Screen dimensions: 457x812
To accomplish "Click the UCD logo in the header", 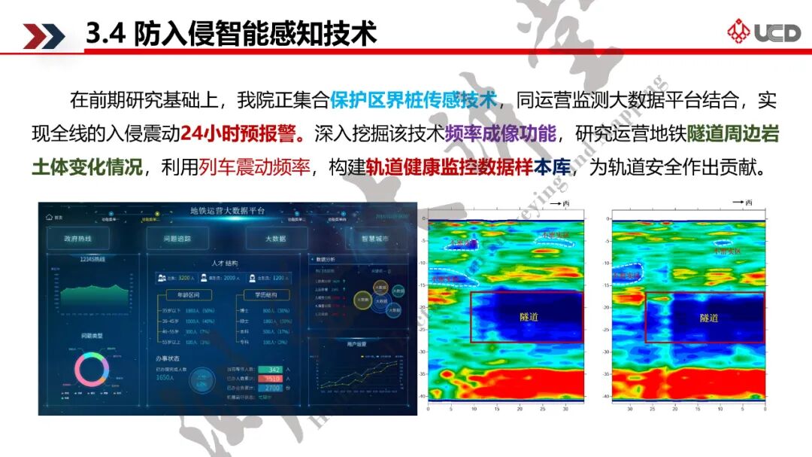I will click(x=763, y=32).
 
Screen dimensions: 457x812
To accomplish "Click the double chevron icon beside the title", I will click(x=44, y=35).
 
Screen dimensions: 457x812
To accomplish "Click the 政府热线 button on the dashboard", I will click(x=77, y=239).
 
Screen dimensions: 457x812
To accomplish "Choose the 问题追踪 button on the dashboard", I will click(x=177, y=239).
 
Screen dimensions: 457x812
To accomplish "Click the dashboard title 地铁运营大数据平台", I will click(x=227, y=210).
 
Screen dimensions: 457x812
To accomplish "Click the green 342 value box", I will click(x=274, y=370).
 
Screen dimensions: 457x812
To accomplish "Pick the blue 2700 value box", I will click(x=274, y=388).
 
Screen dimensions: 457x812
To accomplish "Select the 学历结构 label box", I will click(x=259, y=295).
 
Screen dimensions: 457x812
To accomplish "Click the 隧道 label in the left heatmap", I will click(x=529, y=317).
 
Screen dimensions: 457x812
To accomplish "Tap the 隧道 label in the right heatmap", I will click(x=708, y=318).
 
